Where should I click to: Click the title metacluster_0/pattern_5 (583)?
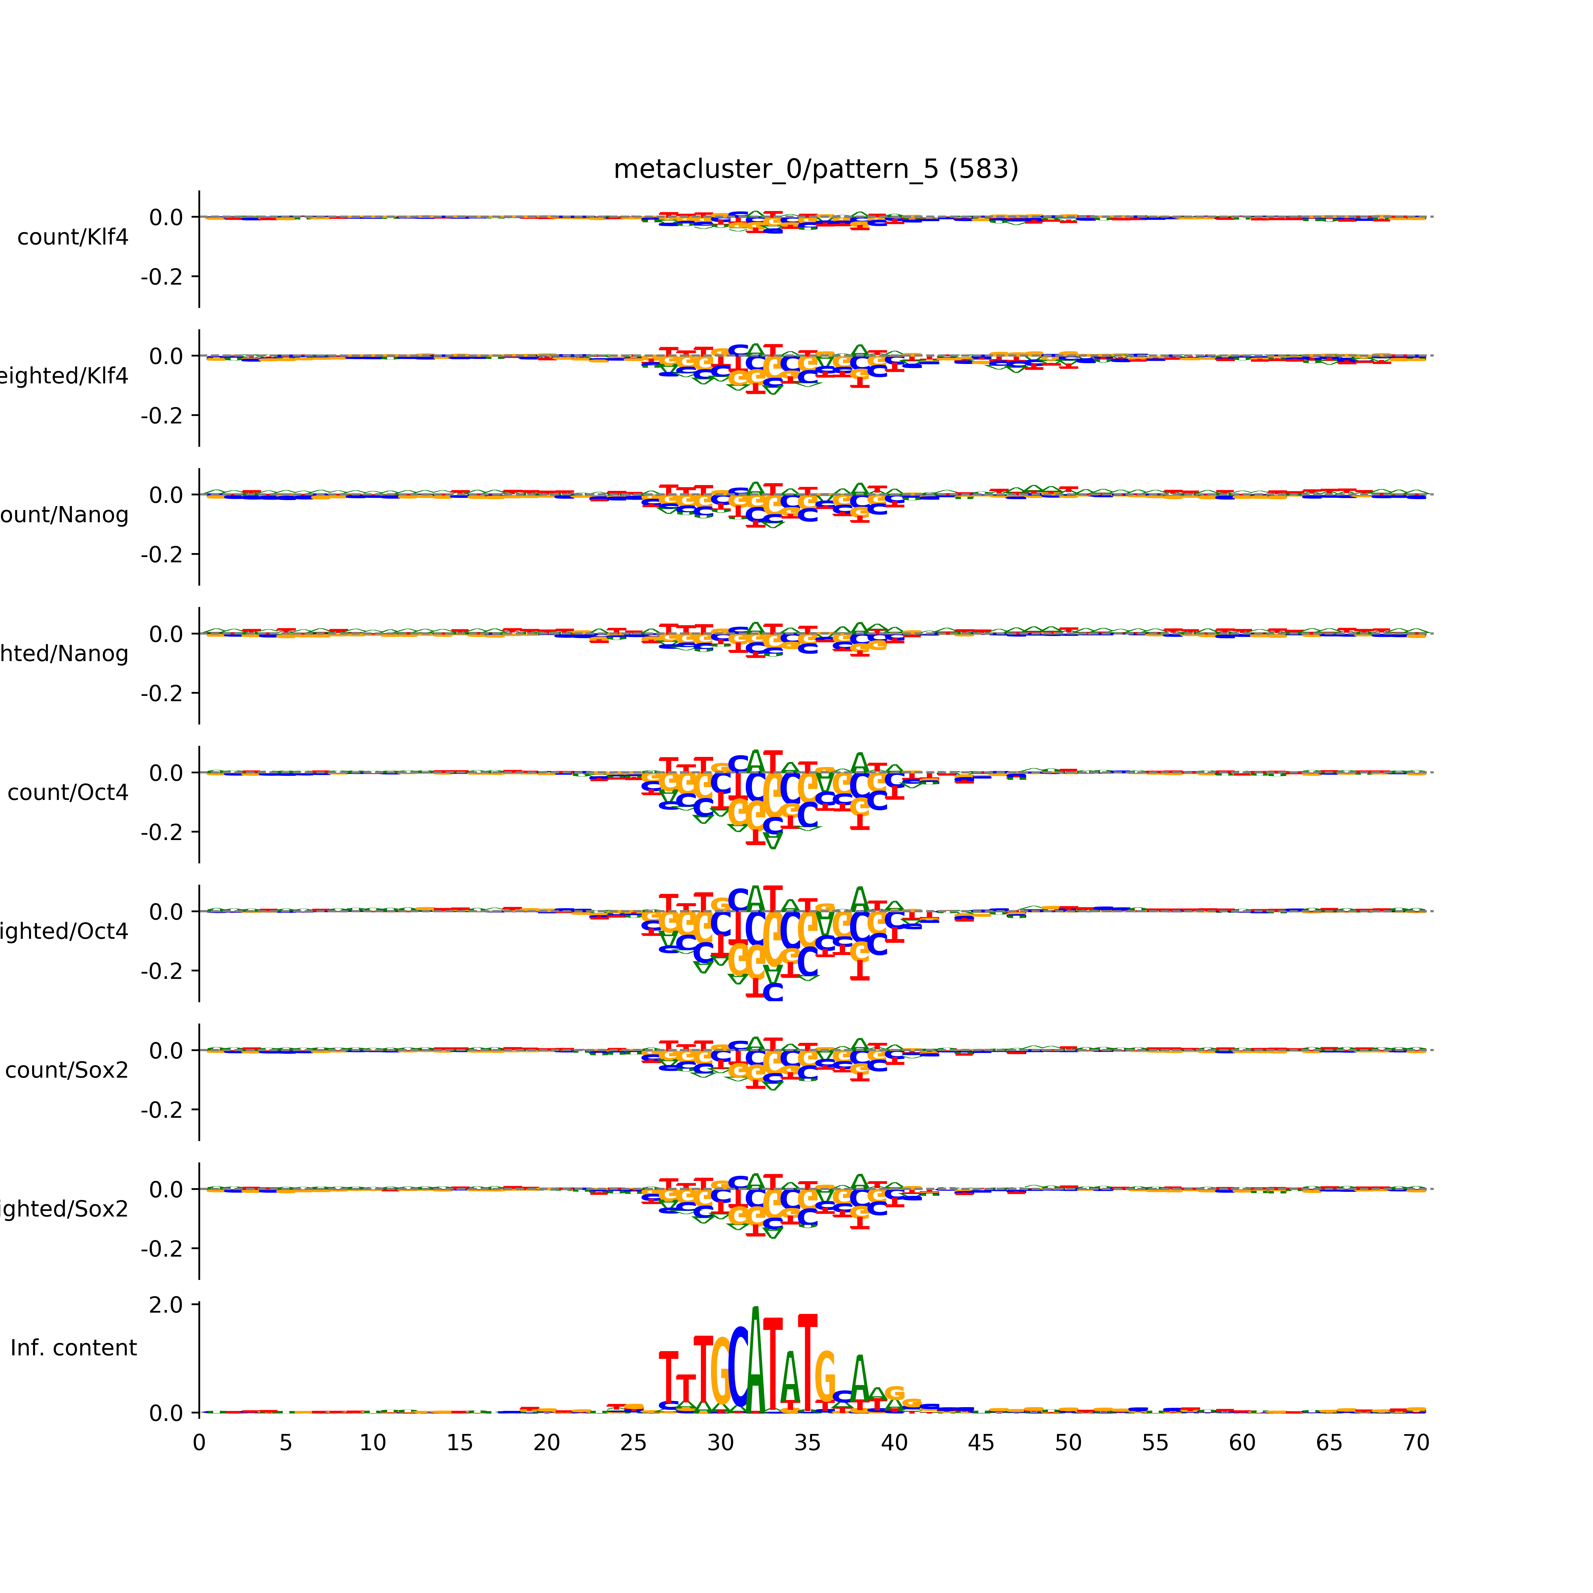pos(815,169)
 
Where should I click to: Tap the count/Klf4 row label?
pos(72,237)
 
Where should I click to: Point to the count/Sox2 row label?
pos(67,1070)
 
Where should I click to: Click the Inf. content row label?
pos(73,1348)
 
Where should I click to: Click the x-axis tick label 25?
pos(633,1443)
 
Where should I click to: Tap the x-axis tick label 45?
pos(981,1443)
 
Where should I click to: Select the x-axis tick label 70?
pos(1416,1443)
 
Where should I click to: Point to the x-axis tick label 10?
pos(373,1443)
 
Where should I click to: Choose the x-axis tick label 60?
pos(1242,1443)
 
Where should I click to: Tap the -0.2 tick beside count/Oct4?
pos(162,832)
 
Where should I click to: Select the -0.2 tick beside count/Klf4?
pos(162,277)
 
